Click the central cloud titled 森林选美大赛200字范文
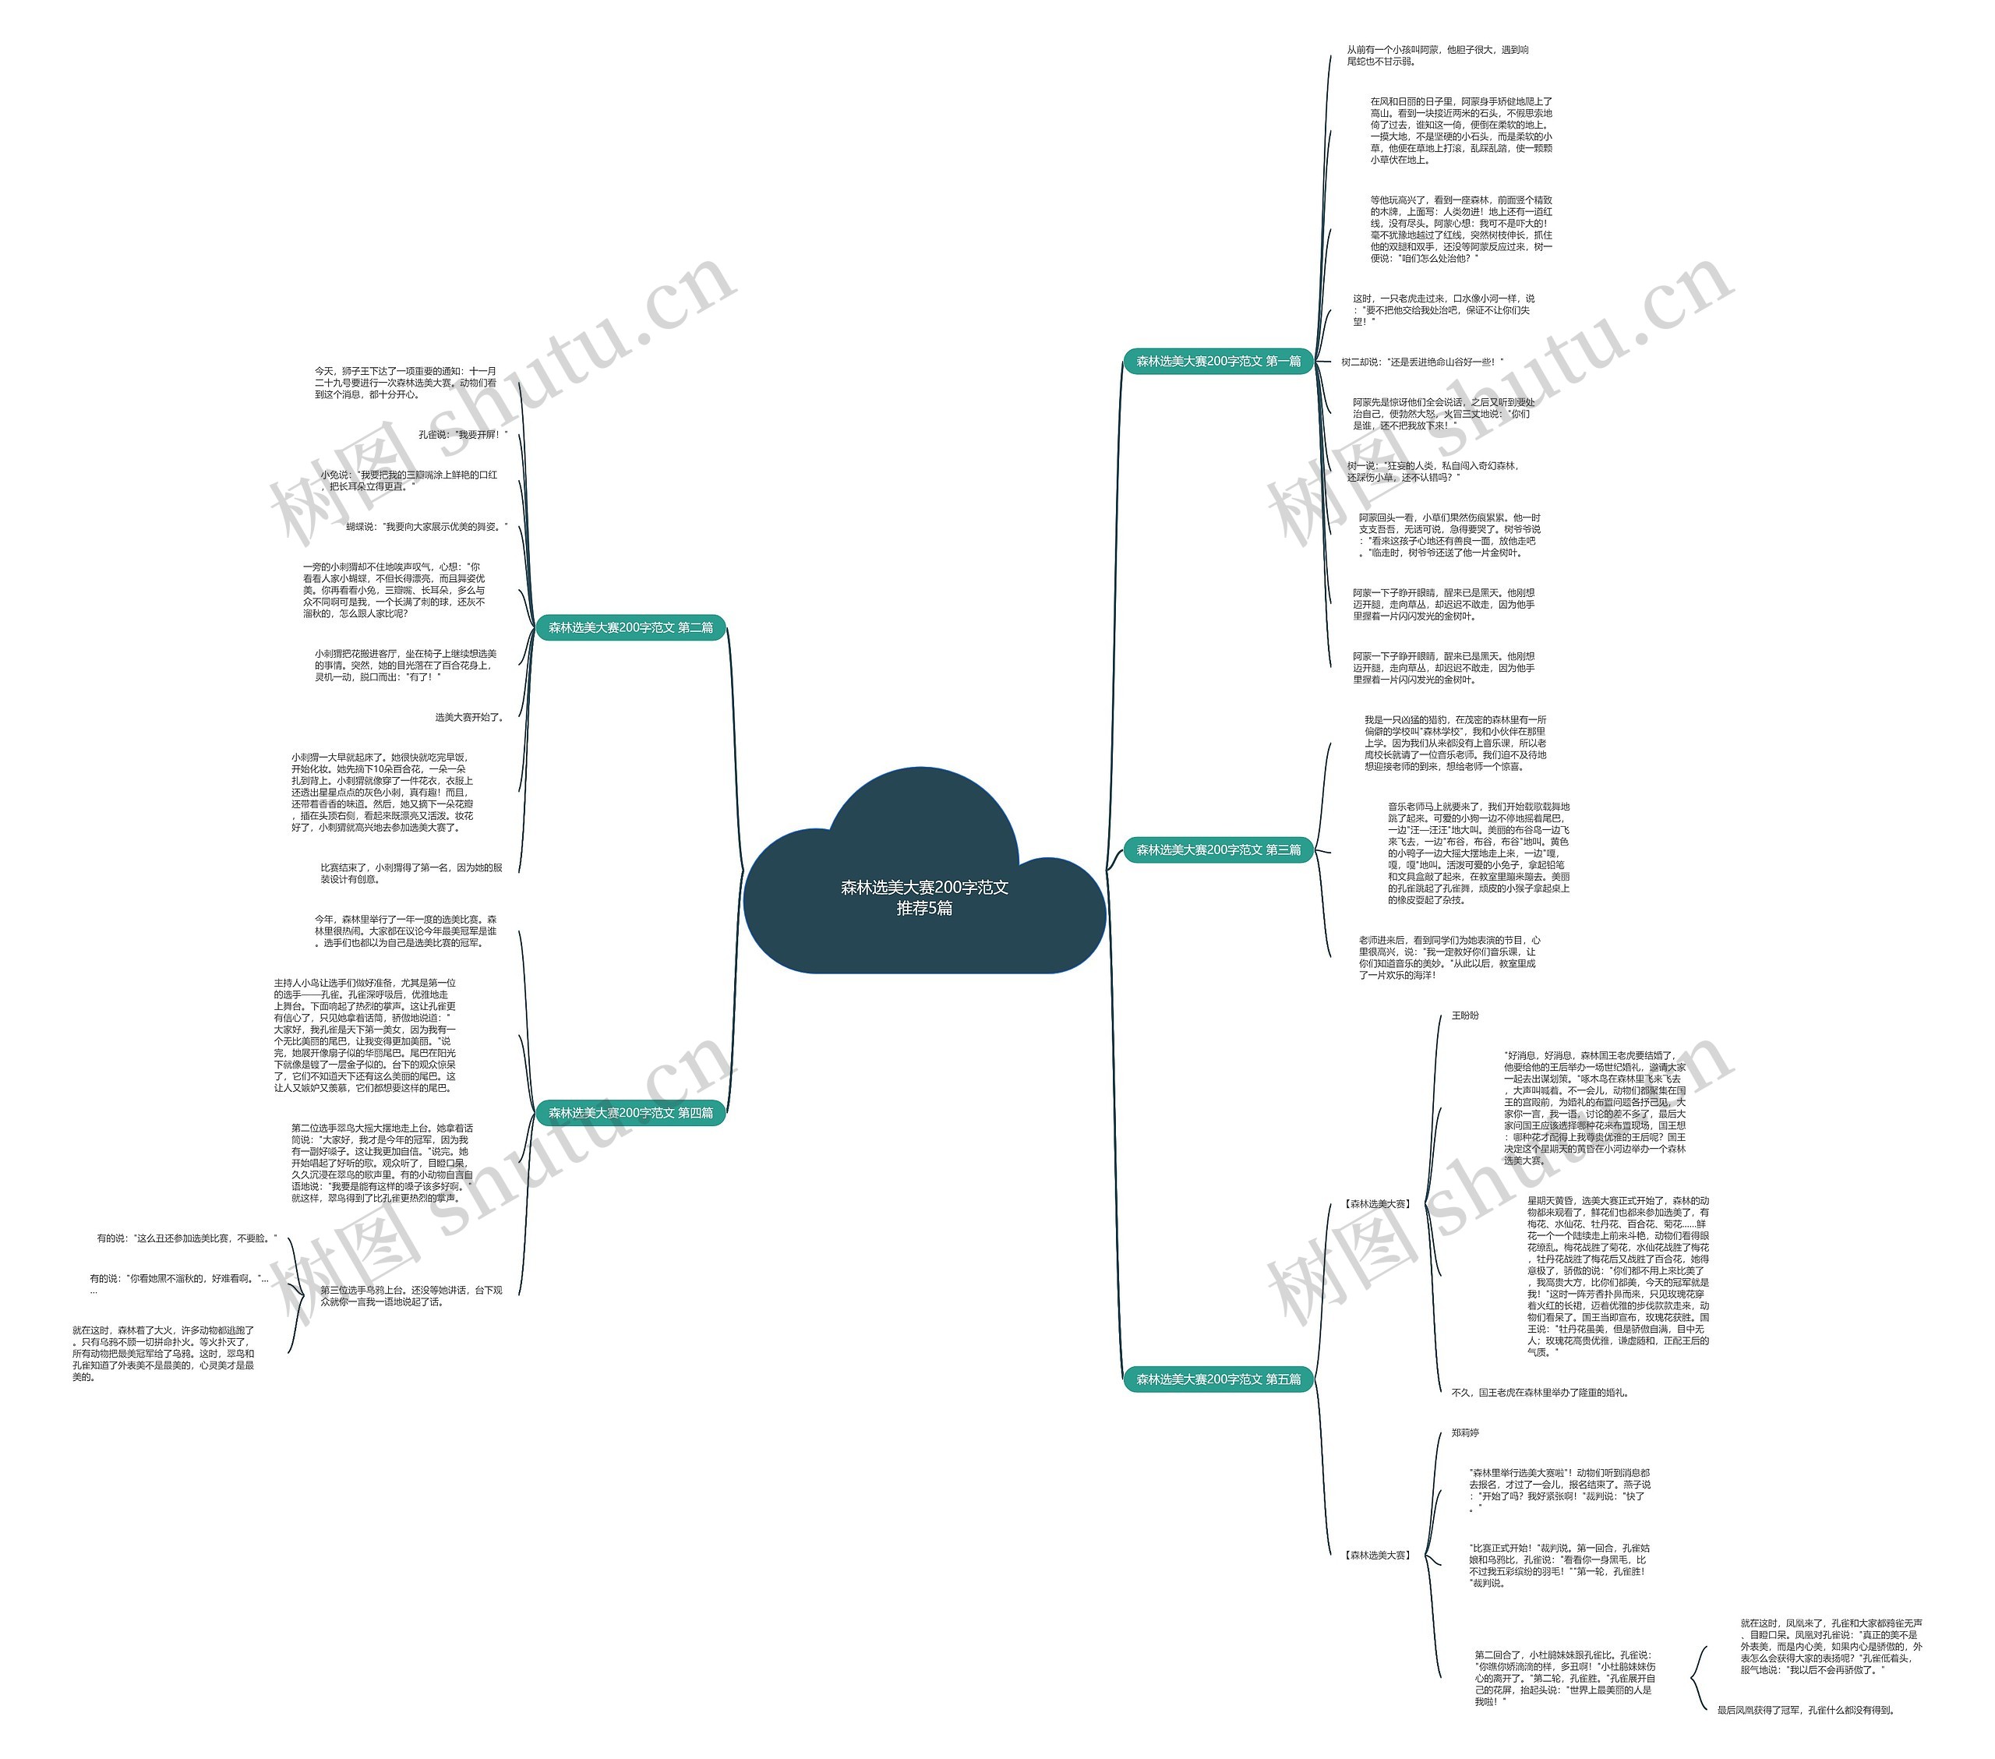(923, 896)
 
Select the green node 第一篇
(1217, 361)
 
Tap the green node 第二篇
(630, 627)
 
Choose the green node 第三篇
(1217, 849)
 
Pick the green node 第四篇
(630, 1113)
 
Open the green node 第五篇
(1217, 1379)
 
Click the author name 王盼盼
(1464, 1015)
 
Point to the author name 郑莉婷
(1464, 1433)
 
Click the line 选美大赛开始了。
(469, 718)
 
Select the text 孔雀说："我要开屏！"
(463, 434)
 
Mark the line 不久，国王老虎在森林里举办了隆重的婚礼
(1539, 1393)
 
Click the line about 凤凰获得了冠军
(1806, 1710)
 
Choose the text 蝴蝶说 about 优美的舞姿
(426, 527)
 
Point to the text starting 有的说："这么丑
(186, 1238)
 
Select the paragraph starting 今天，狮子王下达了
(405, 383)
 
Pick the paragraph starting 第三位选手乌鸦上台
(411, 1296)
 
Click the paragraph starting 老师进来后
(1449, 958)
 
